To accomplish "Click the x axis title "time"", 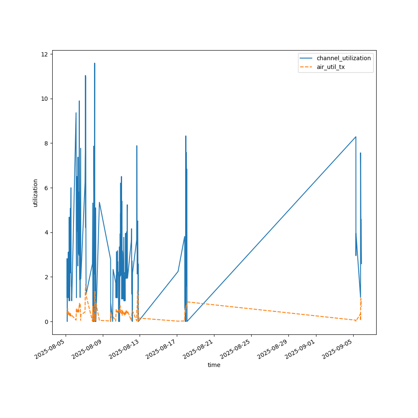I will pyautogui.click(x=214, y=365).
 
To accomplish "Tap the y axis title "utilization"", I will pyautogui.click(x=36, y=193).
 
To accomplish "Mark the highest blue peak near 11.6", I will pyautogui.click(x=94, y=64).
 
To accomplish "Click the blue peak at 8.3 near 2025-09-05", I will pyautogui.click(x=356, y=137).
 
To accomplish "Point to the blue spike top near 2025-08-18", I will pyautogui.click(x=186, y=136).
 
